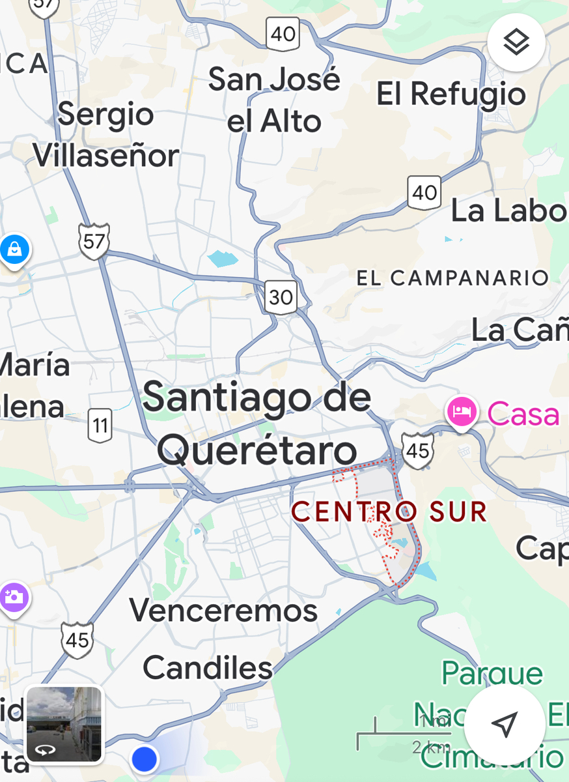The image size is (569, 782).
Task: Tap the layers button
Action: (x=516, y=42)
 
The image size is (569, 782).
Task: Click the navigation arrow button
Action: (x=505, y=723)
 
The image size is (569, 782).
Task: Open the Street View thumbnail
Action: (x=64, y=723)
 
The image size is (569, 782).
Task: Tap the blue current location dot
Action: (x=145, y=759)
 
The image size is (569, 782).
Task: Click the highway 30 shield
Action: (x=281, y=297)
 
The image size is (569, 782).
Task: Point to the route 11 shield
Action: (x=100, y=426)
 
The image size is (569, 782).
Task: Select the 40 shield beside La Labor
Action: (x=424, y=192)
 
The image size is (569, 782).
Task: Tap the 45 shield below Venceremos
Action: (x=77, y=640)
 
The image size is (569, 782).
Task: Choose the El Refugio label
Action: (x=451, y=94)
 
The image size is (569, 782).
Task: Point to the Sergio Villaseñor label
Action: (x=106, y=135)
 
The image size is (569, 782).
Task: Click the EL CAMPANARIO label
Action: (x=452, y=278)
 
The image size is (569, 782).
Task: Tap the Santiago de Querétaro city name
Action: (x=257, y=422)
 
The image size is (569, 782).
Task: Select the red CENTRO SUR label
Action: (x=389, y=512)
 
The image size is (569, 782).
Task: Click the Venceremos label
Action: (x=223, y=611)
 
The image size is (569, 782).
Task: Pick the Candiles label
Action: (x=208, y=668)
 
